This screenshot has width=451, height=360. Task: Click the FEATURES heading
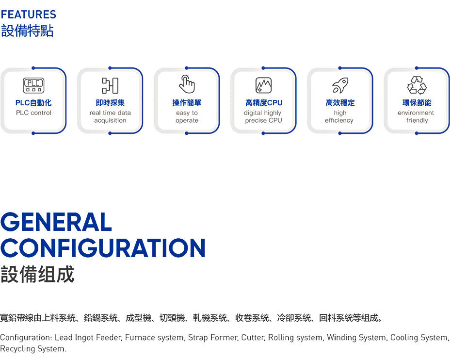point(29,15)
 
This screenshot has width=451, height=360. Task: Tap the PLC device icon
point(33,85)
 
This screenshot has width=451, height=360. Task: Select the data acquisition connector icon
point(110,85)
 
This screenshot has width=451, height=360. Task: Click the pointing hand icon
point(187,84)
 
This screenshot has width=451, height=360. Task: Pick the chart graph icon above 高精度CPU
point(263,85)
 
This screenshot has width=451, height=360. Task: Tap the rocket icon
point(340,85)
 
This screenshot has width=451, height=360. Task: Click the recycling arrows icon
point(417,85)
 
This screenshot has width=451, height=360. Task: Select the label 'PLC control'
point(33,113)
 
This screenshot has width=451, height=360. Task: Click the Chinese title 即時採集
point(110,103)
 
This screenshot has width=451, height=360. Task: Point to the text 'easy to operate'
point(187,116)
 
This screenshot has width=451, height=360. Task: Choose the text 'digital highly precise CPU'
point(263,116)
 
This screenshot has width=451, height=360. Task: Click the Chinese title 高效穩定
point(340,103)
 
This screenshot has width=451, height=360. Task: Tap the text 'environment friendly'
point(416,116)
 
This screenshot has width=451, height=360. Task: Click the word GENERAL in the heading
point(56,222)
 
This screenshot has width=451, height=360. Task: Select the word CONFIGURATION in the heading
point(103,247)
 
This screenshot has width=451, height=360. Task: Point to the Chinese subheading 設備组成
point(37,274)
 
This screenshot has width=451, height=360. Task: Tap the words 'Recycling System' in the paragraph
point(33,349)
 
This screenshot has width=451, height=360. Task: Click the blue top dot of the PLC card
point(33,68)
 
